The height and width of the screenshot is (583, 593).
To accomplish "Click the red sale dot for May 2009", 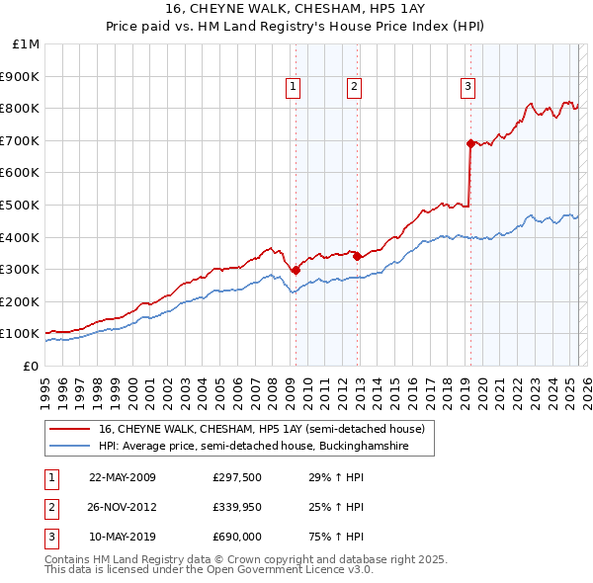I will click(x=296, y=269).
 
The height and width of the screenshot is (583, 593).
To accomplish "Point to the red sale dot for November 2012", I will click(x=357, y=256).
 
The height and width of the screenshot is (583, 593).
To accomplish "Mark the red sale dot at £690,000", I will click(x=470, y=142).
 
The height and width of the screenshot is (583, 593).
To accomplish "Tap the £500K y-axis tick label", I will click(x=21, y=205).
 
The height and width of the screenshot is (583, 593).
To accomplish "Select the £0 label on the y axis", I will click(x=31, y=366).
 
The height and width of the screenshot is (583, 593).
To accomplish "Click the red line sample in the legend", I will click(x=69, y=429).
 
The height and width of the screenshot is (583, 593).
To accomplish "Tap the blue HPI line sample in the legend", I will click(x=69, y=447).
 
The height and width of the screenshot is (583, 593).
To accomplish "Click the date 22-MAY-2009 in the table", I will click(x=123, y=477).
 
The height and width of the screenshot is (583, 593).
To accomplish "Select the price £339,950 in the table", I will click(x=237, y=507).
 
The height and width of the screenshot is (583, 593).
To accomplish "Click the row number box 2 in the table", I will click(x=50, y=507).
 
